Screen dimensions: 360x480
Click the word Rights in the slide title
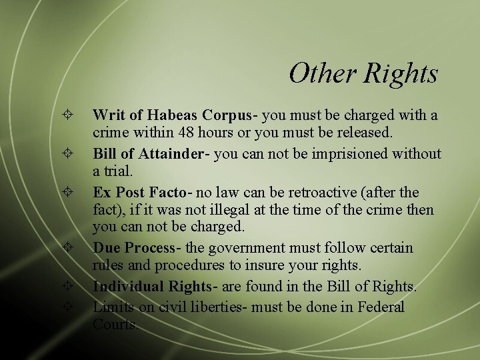401,73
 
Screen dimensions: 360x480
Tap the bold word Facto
168,193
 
